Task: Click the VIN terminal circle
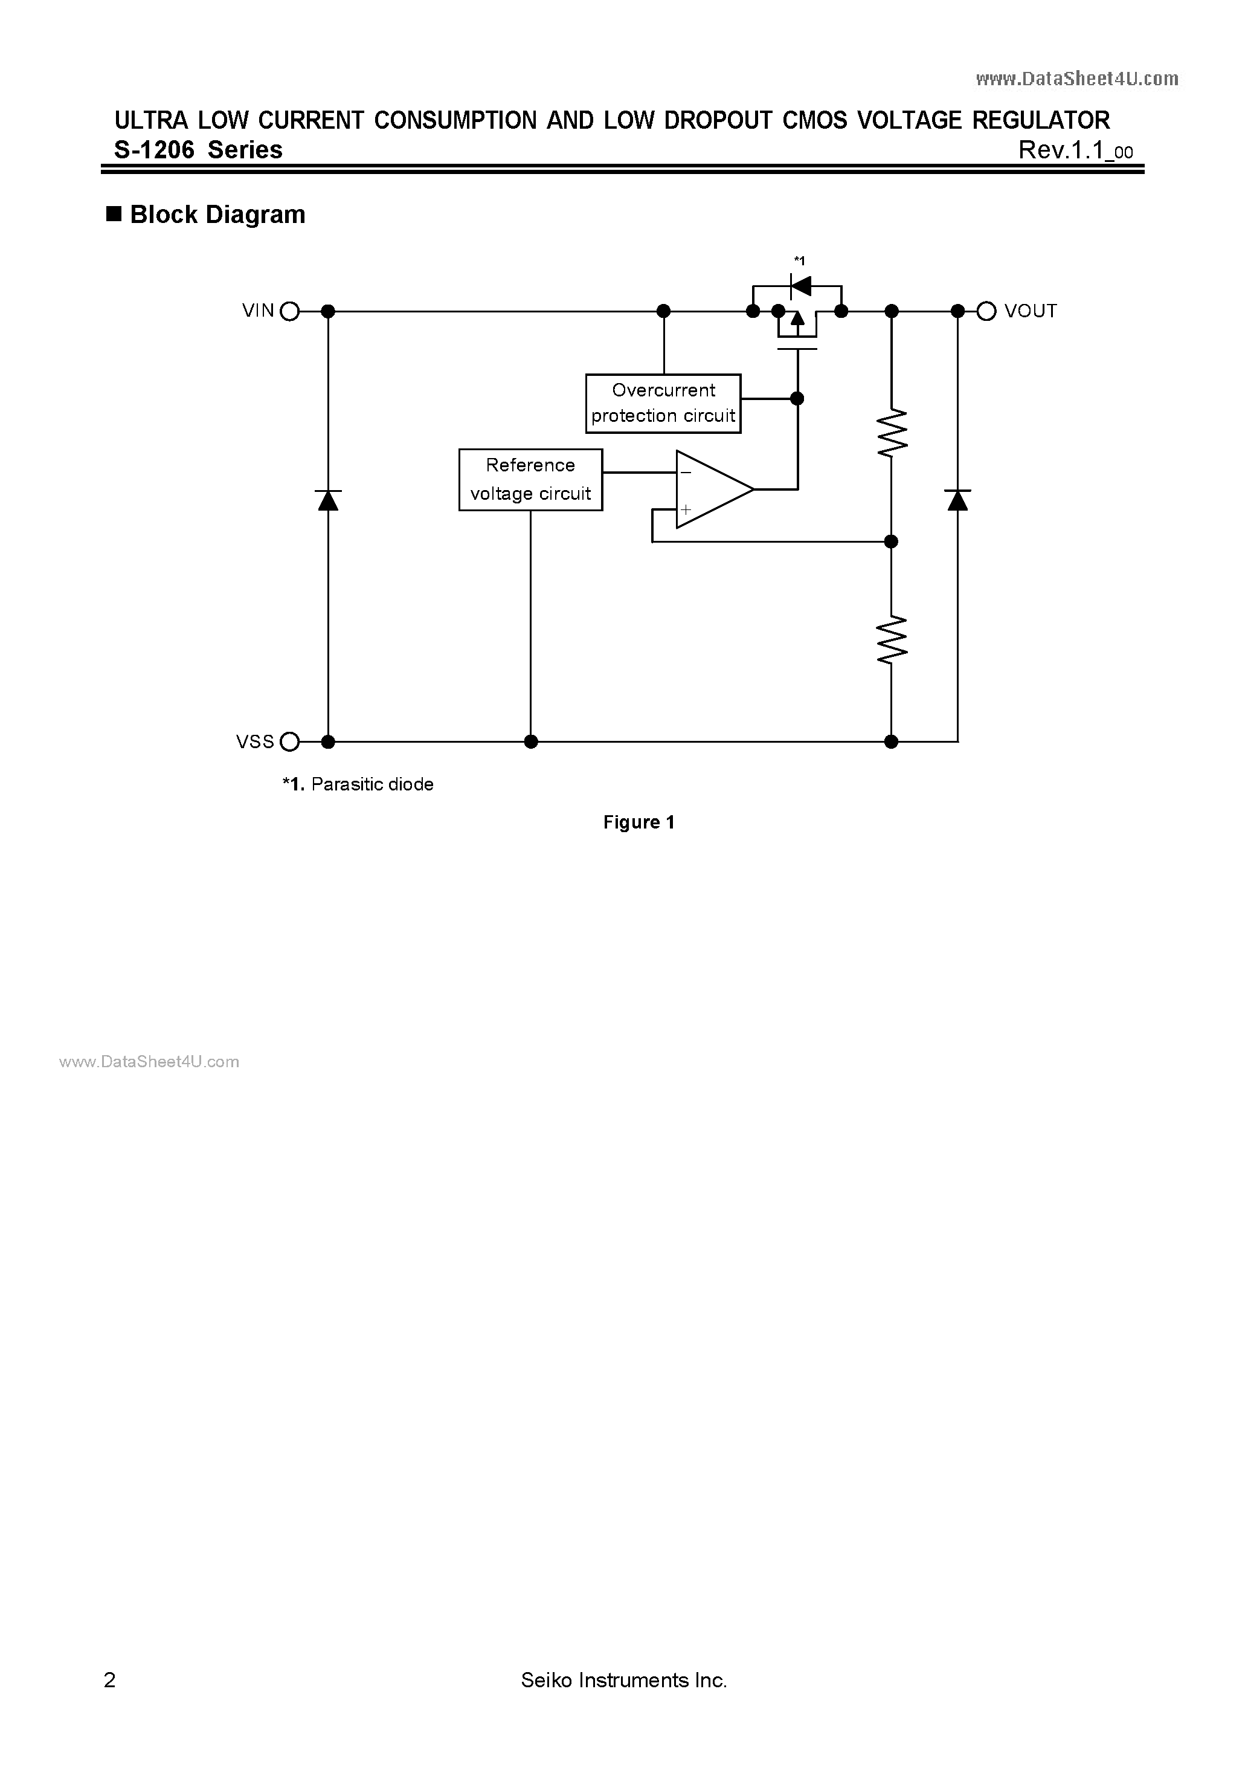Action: coord(289,311)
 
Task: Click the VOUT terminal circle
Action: coord(986,311)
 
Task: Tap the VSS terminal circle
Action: coord(289,742)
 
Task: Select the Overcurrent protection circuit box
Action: coord(663,403)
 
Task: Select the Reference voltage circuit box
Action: coord(530,479)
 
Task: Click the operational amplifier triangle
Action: coord(709,489)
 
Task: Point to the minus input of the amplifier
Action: coord(686,473)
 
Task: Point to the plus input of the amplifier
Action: coord(686,509)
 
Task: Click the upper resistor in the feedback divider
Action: coord(892,433)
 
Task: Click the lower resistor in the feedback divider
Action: coord(892,639)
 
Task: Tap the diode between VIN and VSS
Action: coord(329,500)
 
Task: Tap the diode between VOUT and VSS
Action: coord(958,500)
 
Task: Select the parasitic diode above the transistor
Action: coord(801,286)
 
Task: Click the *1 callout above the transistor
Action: coord(799,261)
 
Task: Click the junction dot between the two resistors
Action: coord(891,542)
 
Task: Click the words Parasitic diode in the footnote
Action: coord(372,784)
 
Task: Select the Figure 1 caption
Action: coord(638,822)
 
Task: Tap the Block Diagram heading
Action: coord(217,214)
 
